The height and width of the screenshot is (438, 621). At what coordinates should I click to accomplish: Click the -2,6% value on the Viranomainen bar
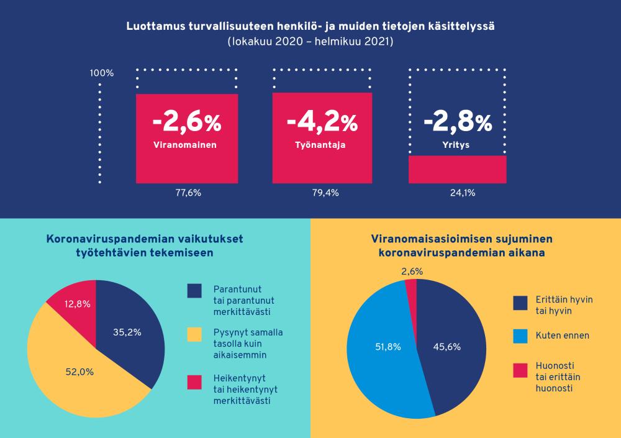pyautogui.click(x=186, y=123)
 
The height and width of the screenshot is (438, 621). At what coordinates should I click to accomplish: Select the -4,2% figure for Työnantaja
pyautogui.click(x=322, y=123)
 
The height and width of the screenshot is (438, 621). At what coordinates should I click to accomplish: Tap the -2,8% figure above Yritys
pyautogui.click(x=458, y=123)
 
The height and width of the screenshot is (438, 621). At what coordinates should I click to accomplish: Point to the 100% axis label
pyautogui.click(x=102, y=73)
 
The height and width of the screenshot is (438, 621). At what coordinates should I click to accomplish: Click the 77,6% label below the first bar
pyautogui.click(x=188, y=193)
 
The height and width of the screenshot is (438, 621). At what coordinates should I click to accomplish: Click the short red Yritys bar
pyautogui.click(x=458, y=169)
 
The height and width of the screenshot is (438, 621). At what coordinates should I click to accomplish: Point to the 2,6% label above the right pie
pyautogui.click(x=412, y=271)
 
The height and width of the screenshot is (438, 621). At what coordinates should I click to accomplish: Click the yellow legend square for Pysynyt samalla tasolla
pyautogui.click(x=194, y=335)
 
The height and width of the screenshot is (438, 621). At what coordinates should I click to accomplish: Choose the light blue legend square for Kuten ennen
pyautogui.click(x=520, y=336)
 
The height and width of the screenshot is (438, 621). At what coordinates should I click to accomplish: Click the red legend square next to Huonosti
pyautogui.click(x=520, y=370)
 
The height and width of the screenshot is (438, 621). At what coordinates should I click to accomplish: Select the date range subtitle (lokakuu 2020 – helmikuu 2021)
pyautogui.click(x=310, y=42)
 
